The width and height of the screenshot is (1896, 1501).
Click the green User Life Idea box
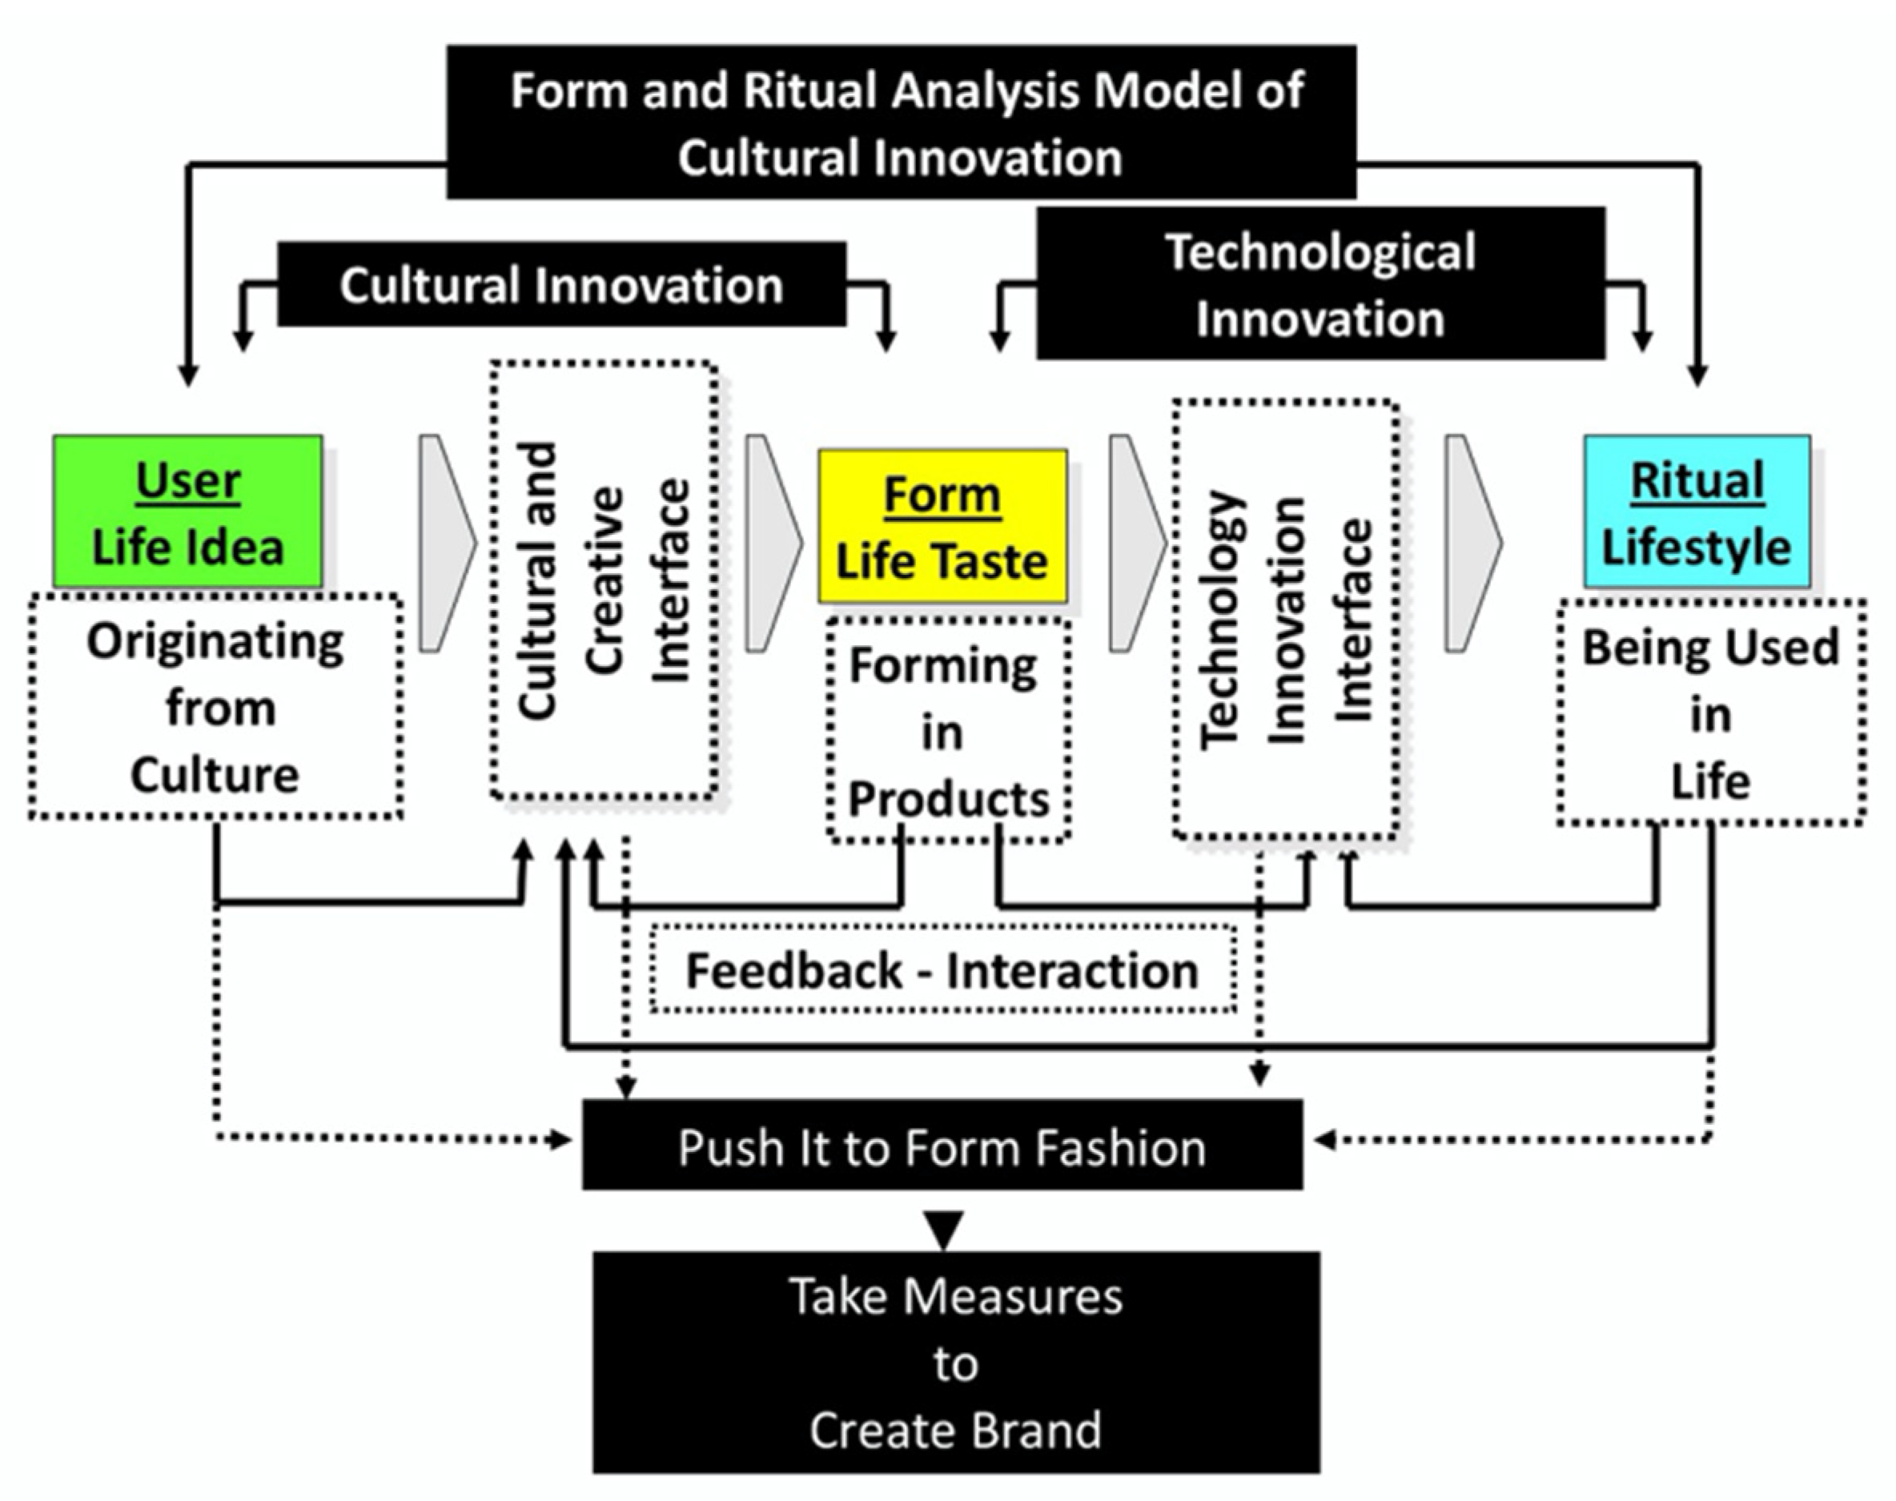(x=187, y=512)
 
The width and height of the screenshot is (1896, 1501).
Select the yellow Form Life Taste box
(x=942, y=527)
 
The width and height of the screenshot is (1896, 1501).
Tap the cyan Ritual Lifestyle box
(x=1697, y=512)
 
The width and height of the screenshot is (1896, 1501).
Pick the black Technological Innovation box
(x=1320, y=284)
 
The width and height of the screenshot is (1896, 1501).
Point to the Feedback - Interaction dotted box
(x=942, y=969)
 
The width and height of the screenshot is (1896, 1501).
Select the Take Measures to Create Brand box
(x=955, y=1363)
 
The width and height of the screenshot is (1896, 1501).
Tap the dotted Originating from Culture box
(x=215, y=708)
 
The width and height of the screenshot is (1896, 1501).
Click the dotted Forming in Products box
(x=947, y=731)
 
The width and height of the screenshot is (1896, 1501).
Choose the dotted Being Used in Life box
(x=1709, y=712)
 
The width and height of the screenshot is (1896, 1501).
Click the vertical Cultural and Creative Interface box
(x=604, y=580)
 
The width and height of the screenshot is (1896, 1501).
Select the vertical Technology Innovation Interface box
(x=1285, y=619)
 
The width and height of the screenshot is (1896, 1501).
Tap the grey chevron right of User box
(x=444, y=543)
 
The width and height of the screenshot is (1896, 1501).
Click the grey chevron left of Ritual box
(x=1471, y=543)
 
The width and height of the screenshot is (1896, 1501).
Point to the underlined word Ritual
(x=1697, y=480)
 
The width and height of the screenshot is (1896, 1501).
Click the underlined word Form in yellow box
(x=942, y=495)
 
